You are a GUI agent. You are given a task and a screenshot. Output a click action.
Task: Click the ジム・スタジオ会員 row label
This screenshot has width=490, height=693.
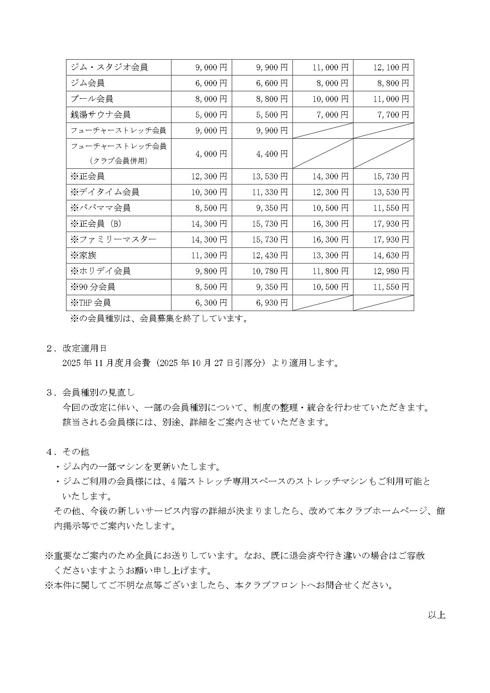109,67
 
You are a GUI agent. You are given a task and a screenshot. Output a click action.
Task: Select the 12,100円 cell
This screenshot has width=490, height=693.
391,67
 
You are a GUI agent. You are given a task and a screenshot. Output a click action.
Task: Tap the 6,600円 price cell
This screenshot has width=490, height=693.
272,83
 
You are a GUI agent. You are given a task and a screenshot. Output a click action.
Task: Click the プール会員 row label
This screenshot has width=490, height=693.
92,99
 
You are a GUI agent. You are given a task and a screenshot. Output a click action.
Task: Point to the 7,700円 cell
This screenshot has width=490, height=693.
393,115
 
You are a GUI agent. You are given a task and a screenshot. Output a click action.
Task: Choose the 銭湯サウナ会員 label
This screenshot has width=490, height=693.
101,115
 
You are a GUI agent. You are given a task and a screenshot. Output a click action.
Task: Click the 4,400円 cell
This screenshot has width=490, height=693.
272,154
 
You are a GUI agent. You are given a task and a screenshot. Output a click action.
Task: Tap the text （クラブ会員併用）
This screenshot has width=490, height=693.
118,161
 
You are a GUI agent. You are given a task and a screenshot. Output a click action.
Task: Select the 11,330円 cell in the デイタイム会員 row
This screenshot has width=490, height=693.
270,192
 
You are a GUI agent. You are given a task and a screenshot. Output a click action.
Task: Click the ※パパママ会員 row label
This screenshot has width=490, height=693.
101,208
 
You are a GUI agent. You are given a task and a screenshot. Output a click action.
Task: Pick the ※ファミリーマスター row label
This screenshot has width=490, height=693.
113,239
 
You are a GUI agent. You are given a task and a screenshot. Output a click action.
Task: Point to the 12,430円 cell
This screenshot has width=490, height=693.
270,255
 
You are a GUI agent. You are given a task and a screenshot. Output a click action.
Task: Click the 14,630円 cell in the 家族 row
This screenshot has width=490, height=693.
391,255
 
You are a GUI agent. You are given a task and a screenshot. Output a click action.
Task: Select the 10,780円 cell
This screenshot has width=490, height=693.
270,271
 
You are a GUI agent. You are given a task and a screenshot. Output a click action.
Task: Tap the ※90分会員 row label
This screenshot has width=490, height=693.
93,287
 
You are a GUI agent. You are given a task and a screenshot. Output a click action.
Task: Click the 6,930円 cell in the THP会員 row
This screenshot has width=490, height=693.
272,302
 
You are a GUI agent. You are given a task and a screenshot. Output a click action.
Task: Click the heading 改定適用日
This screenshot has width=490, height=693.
84,348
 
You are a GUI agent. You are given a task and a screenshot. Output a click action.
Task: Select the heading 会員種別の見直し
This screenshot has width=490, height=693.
99,393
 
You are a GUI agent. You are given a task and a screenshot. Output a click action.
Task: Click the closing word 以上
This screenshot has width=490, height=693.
437,615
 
